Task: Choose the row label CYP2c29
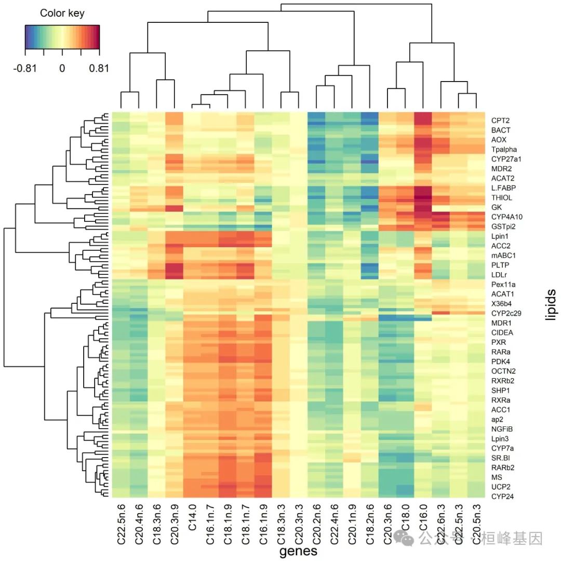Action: [507, 313]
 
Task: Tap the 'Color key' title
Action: [62, 13]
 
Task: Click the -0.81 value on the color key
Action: [25, 68]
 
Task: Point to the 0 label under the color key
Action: [62, 68]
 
